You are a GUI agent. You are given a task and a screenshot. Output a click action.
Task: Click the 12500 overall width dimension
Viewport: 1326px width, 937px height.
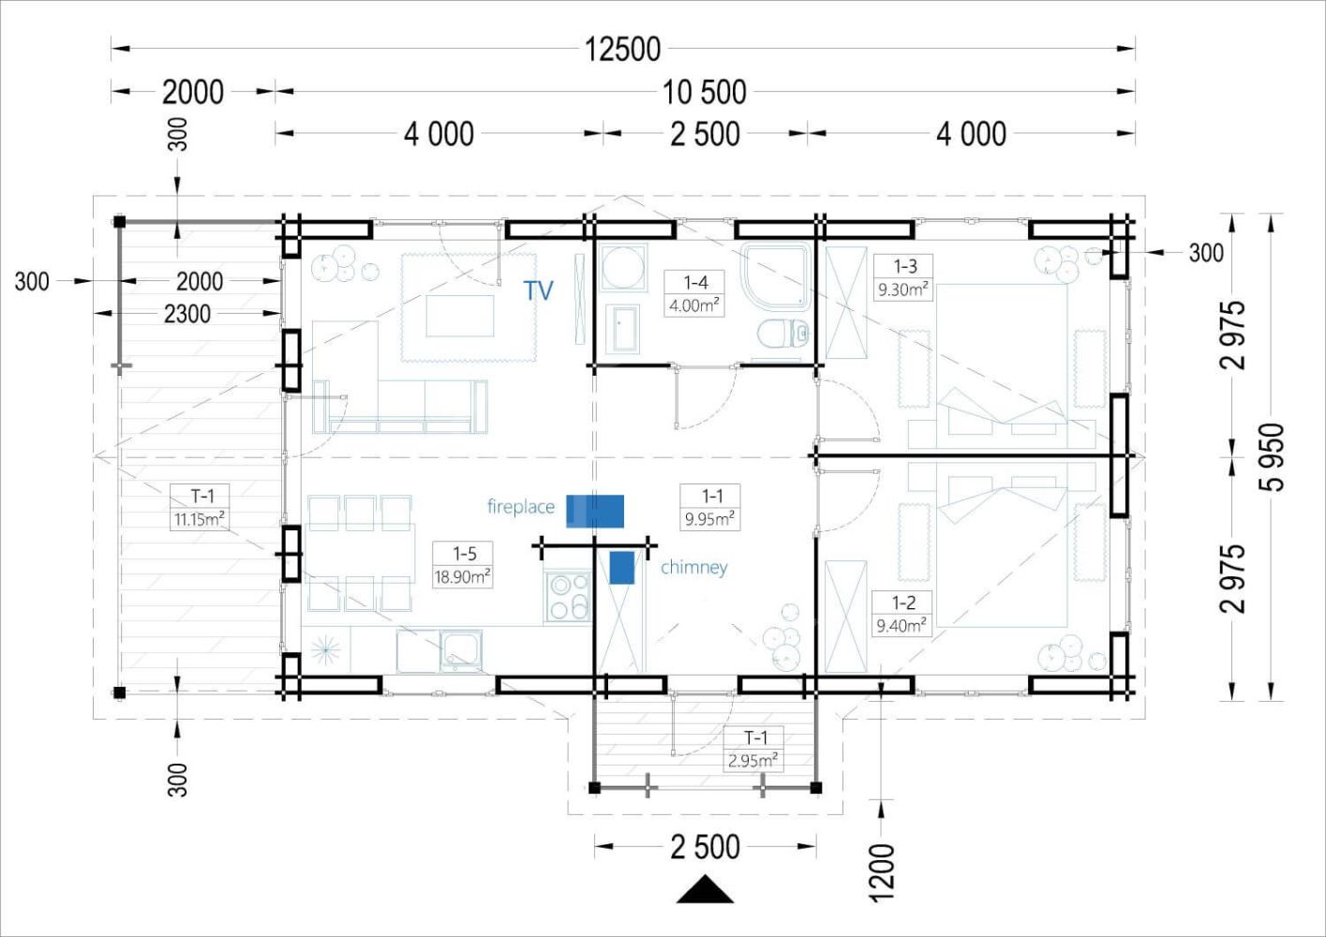tap(622, 49)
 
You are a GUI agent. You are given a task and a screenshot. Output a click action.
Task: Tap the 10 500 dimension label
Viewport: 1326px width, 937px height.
tap(704, 93)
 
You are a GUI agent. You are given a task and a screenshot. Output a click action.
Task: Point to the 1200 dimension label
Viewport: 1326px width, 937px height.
tap(882, 872)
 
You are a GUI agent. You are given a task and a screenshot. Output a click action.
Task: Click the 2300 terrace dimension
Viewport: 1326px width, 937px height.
tap(187, 314)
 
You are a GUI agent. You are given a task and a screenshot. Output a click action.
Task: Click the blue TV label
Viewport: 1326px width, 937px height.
tap(539, 290)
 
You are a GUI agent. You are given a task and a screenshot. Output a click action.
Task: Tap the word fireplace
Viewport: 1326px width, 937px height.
tap(521, 507)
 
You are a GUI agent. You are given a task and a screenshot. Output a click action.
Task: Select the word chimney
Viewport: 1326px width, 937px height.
tap(693, 568)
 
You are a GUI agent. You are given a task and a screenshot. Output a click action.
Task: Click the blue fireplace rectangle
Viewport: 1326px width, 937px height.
tap(595, 511)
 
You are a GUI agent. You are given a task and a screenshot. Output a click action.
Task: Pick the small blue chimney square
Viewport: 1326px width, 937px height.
tap(622, 568)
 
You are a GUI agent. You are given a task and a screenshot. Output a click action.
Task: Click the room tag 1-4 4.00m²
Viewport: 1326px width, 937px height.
tap(694, 294)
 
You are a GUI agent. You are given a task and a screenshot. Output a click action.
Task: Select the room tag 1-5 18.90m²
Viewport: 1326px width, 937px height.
tap(463, 565)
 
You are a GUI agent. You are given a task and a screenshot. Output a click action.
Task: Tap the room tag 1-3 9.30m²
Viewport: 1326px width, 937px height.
tap(903, 277)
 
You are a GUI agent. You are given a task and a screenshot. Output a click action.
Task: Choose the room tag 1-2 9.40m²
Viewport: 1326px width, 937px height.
tap(902, 614)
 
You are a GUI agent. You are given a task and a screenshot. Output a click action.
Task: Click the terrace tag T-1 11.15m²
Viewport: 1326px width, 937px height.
tap(200, 507)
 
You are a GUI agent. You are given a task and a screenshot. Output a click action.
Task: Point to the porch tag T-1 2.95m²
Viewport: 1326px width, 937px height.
tap(754, 749)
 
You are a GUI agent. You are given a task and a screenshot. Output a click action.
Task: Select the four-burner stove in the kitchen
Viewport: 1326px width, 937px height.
tap(568, 596)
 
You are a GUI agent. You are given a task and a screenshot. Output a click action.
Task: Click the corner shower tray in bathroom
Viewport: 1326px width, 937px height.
tap(776, 275)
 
